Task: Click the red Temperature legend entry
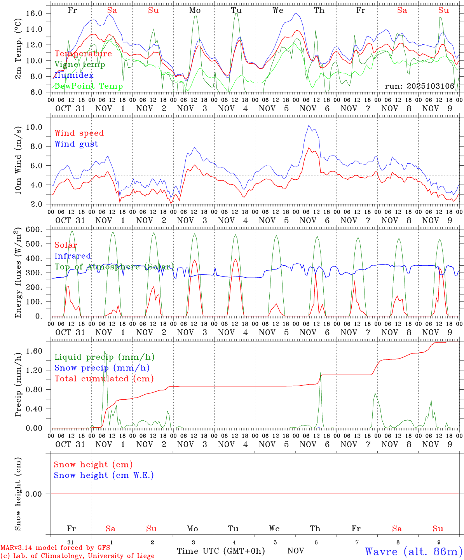pyautogui.click(x=83, y=54)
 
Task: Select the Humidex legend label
pyautogui.click(x=74, y=75)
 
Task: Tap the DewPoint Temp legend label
pyautogui.click(x=88, y=86)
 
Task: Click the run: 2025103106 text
pyautogui.click(x=419, y=86)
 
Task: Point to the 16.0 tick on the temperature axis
pyautogui.click(x=34, y=13)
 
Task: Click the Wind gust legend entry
pyautogui.click(x=76, y=144)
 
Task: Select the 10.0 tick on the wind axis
pyautogui.click(x=34, y=127)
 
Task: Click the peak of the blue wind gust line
pyautogui.click(x=309, y=125)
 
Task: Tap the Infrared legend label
pyautogui.click(x=73, y=256)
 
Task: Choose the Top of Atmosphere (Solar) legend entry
pyautogui.click(x=114, y=267)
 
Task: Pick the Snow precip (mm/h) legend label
pyautogui.click(x=102, y=368)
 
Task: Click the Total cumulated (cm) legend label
pyautogui.click(x=104, y=379)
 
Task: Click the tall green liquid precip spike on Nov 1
pyautogui.click(x=105, y=352)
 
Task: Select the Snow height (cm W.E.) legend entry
pyautogui.click(x=104, y=475)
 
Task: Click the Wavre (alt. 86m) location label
pyautogui.click(x=413, y=551)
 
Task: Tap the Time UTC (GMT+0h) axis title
pyautogui.click(x=221, y=551)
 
